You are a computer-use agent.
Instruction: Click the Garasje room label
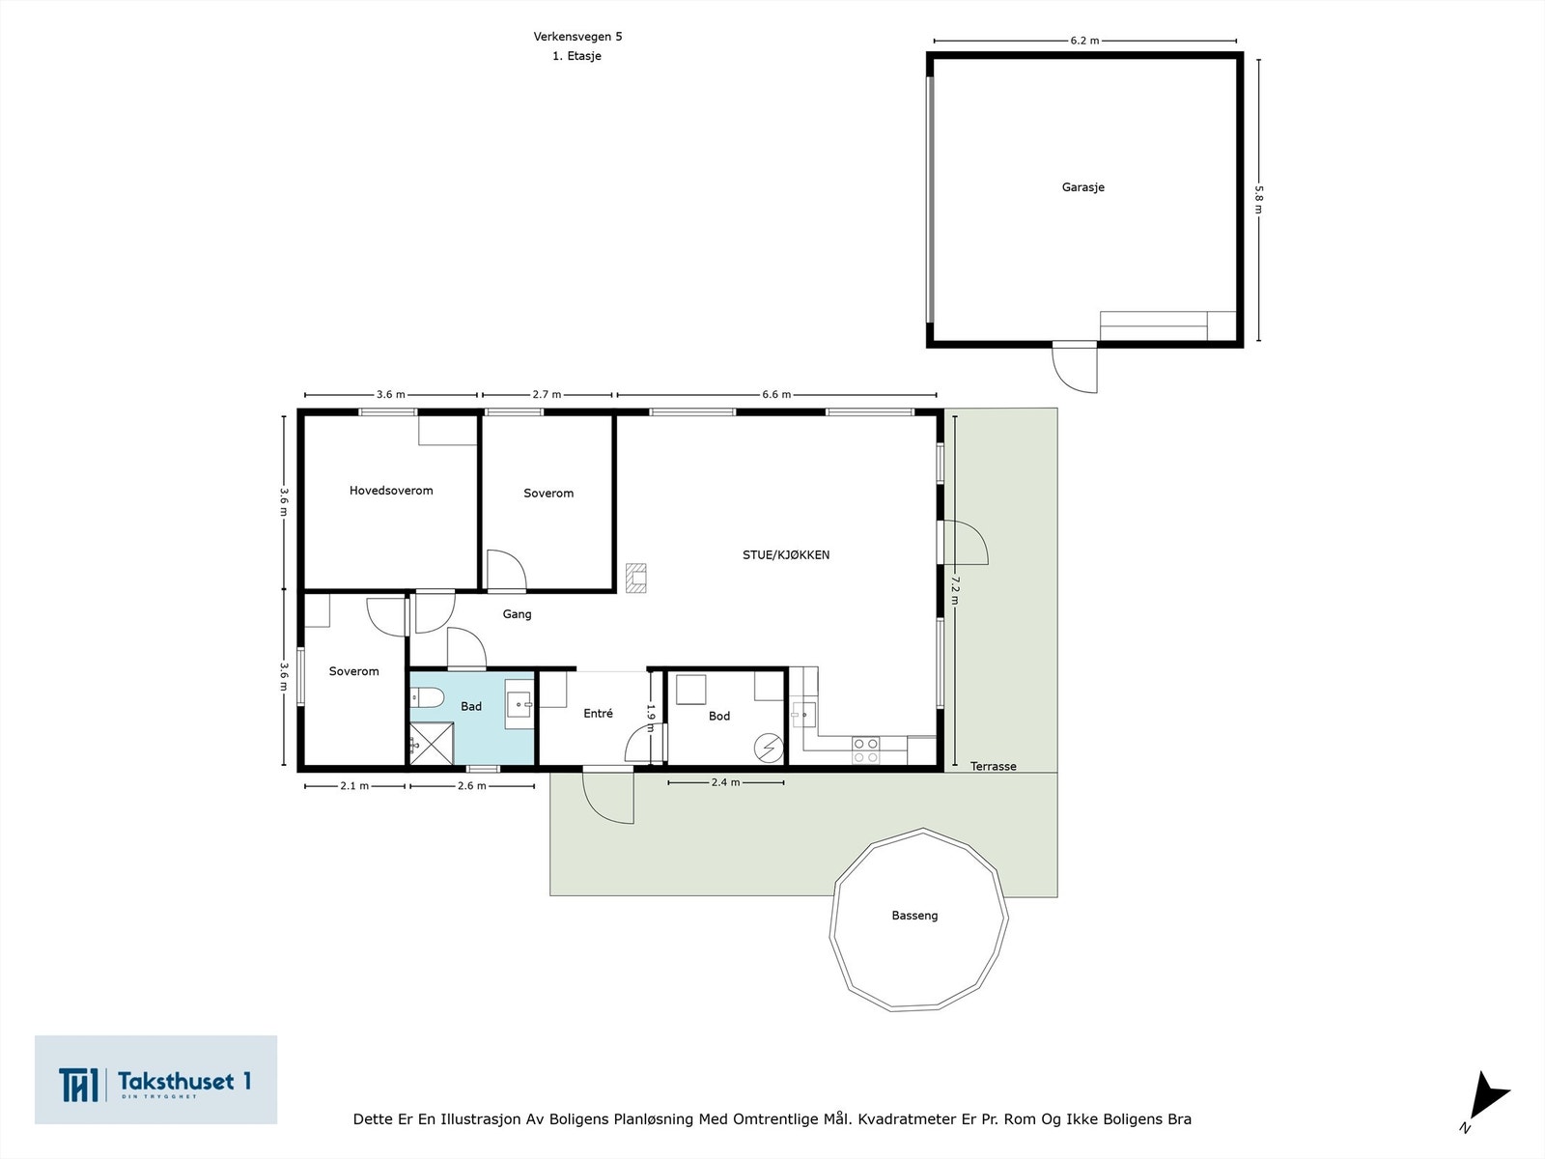1082,187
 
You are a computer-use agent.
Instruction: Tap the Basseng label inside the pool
914,916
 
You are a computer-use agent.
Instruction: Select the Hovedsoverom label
391,491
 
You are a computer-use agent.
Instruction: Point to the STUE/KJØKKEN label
785,554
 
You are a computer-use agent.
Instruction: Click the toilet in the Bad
426,698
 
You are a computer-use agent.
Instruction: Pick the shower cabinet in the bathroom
432,743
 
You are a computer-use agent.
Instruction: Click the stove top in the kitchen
865,750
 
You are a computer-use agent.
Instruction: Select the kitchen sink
802,715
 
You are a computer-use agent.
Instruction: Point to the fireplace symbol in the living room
636,578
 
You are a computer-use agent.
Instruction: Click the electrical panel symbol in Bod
768,748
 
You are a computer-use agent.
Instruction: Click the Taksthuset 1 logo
155,1079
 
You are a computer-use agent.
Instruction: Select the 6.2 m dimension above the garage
1084,41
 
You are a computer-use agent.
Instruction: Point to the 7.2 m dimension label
955,590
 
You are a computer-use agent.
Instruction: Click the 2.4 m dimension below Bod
726,781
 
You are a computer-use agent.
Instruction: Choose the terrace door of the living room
965,543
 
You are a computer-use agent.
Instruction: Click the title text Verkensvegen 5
577,37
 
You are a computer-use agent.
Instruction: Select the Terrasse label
994,766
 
